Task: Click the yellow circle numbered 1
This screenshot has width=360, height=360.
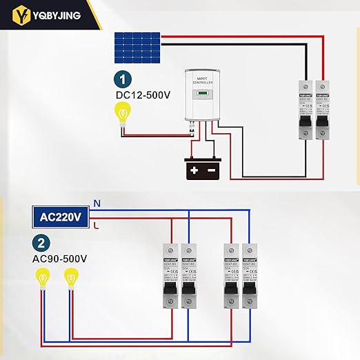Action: [122, 79]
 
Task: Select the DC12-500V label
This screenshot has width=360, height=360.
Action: [142, 94]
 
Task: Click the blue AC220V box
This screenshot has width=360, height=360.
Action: [61, 216]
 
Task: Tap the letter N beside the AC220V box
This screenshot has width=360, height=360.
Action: [97, 203]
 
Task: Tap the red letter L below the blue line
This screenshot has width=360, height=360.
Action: [96, 225]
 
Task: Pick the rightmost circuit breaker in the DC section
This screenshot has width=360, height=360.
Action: [323, 110]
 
